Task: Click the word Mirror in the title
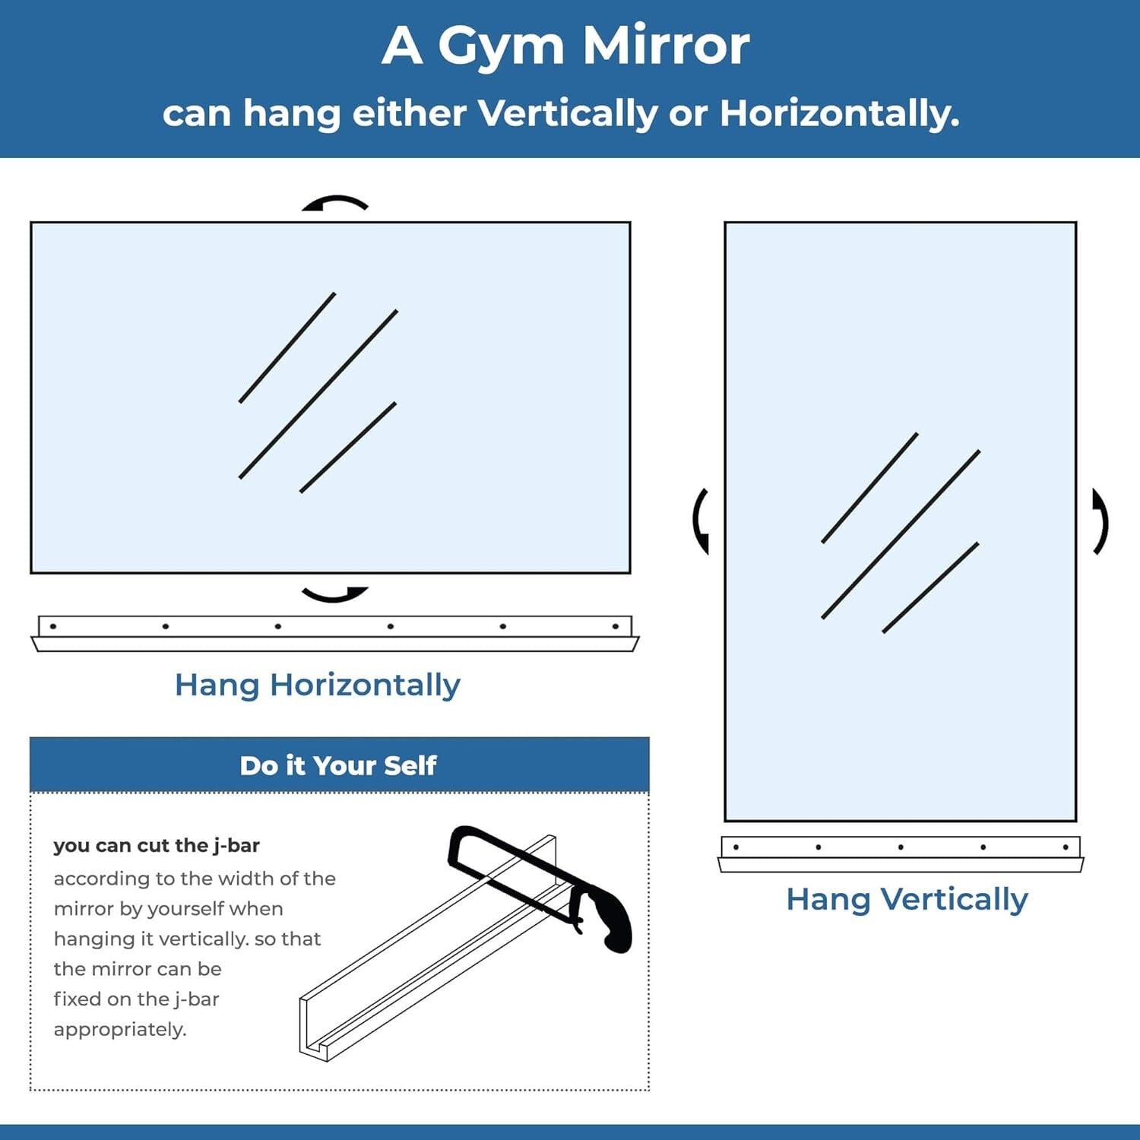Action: tap(666, 47)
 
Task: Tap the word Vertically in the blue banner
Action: tap(568, 114)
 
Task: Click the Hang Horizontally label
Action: tap(317, 685)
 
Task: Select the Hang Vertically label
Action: tap(907, 899)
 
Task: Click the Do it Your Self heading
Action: tap(338, 765)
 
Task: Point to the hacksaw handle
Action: tap(612, 923)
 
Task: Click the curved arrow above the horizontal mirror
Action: tap(334, 202)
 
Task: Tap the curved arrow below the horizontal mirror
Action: tap(334, 594)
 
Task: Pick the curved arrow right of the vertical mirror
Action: tap(1100, 521)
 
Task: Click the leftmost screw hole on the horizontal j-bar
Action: tap(53, 626)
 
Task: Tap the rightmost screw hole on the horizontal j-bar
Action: tap(615, 626)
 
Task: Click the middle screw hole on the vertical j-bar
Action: tap(901, 847)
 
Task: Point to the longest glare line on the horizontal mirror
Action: tap(318, 394)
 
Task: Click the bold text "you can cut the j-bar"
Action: tap(157, 845)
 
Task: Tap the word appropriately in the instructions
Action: tap(120, 1029)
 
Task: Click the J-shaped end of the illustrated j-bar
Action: tap(314, 1037)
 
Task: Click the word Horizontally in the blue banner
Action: tap(839, 114)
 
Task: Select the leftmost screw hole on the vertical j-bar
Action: tap(736, 847)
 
